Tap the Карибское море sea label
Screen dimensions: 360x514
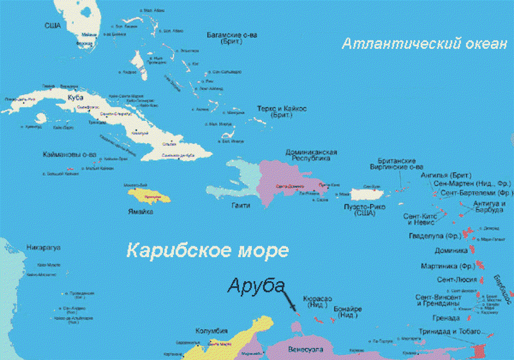tap(208, 250)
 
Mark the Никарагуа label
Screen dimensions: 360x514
tap(43, 247)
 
